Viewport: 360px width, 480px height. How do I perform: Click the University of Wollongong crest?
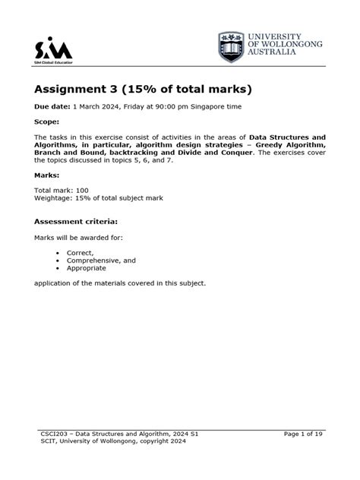[231, 47]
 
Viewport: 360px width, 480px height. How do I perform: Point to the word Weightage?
[55, 197]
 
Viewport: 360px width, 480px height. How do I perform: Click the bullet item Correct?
[81, 253]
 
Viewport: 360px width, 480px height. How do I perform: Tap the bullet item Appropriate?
[87, 268]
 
